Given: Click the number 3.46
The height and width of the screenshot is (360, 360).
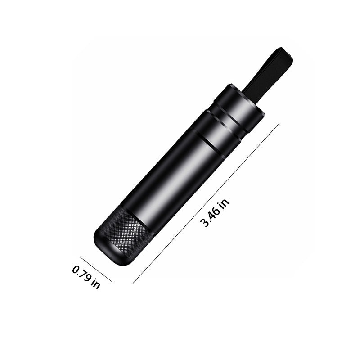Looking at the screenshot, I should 210,217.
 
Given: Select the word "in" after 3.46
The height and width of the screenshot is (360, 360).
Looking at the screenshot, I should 225,202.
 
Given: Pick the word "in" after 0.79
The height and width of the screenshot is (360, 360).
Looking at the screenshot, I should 95,284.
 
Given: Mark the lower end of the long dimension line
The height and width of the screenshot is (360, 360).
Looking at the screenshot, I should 134,283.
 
